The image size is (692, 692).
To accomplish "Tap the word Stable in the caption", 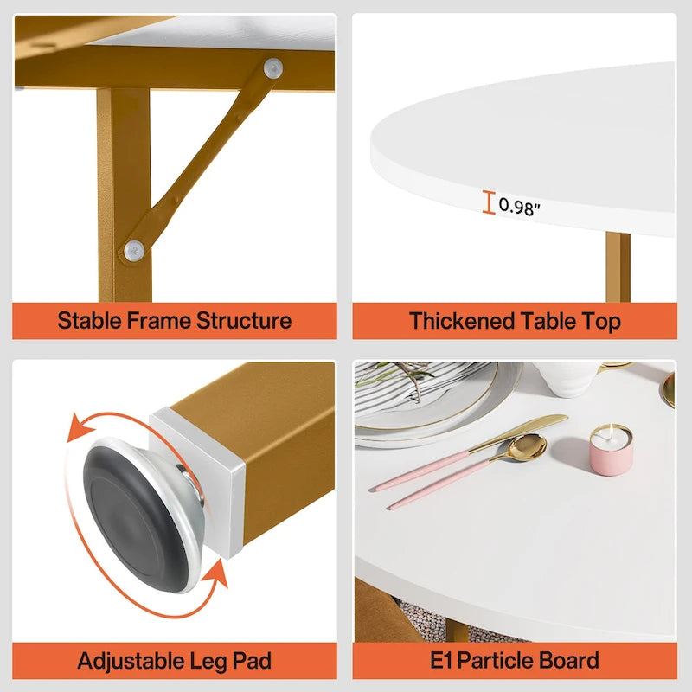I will tap(91, 321).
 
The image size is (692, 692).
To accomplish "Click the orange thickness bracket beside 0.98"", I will tap(489, 202).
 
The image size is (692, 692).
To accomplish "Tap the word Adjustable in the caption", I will tap(130, 662).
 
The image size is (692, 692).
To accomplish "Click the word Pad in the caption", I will tap(253, 662).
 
